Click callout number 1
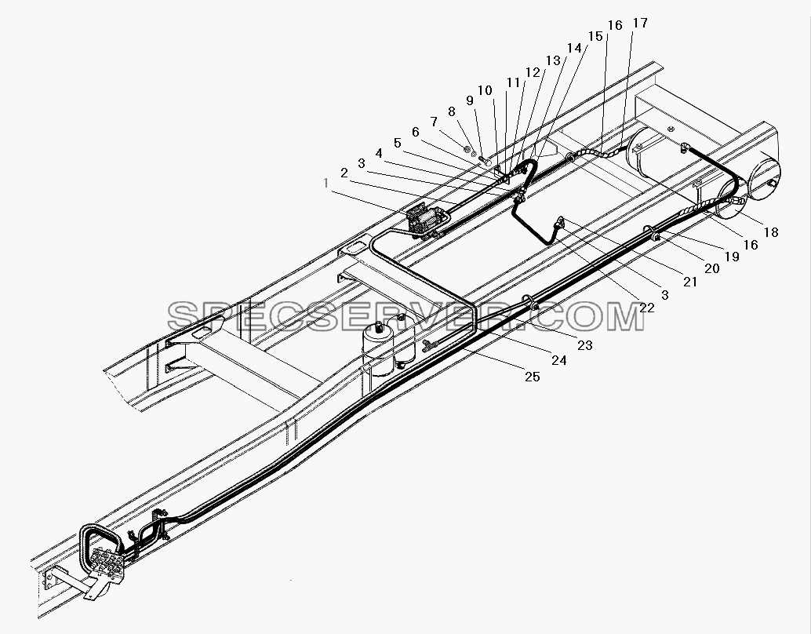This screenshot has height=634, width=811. (325, 183)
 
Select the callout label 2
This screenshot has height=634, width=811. (344, 173)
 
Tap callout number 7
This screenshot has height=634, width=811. (434, 122)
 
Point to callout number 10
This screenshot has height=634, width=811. (485, 90)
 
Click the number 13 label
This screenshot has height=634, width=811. (553, 60)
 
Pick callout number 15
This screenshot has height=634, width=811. (595, 36)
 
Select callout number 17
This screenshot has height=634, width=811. (640, 24)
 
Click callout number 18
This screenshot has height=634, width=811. (771, 232)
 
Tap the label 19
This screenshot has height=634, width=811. (732, 256)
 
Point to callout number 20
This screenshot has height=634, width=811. (712, 268)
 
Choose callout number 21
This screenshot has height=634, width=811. (690, 282)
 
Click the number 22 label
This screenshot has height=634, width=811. (646, 308)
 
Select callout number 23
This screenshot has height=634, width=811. (585, 345)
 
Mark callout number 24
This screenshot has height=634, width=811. (559, 360)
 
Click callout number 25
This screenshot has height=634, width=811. (533, 377)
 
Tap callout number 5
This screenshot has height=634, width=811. (397, 143)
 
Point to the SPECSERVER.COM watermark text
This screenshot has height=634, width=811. (406, 316)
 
